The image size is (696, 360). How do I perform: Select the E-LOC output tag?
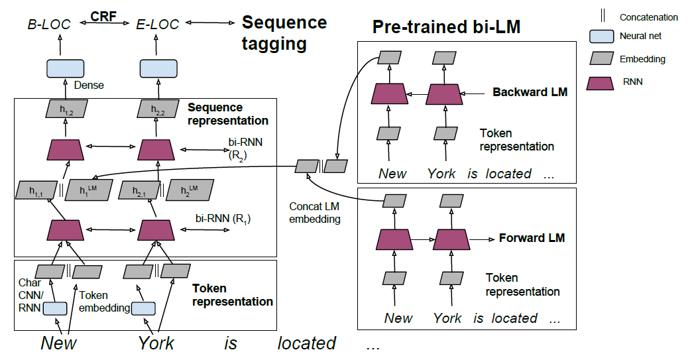coord(158,25)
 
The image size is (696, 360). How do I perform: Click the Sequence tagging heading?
coord(284,32)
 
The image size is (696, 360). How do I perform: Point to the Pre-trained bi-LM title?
coord(446,27)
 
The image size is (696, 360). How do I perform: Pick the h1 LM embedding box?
coord(87,191)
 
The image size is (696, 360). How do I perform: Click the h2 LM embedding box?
coord(185,192)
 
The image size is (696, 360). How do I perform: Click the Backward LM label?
coord(530,92)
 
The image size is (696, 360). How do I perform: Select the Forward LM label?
coord(532,237)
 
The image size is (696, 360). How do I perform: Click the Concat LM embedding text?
coord(315,213)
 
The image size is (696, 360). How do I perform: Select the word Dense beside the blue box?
coord(89,85)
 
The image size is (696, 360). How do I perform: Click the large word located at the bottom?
coord(306,343)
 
